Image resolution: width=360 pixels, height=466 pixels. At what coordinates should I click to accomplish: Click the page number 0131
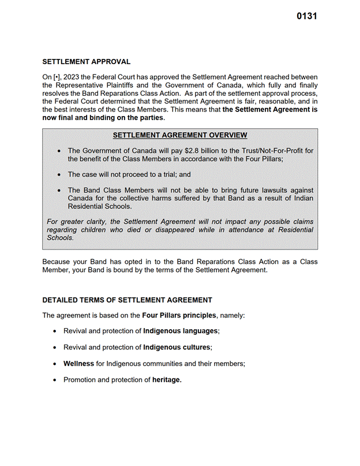(306, 16)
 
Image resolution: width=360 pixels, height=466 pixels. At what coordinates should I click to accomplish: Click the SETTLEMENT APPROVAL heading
(87, 62)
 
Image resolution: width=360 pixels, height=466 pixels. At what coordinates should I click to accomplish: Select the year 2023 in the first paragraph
(73, 77)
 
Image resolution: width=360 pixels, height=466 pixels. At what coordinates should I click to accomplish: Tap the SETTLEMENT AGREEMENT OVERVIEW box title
(180, 135)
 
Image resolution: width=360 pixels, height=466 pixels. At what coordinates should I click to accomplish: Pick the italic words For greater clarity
(77, 222)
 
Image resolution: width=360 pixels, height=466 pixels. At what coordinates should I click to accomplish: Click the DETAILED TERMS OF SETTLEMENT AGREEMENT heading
(127, 300)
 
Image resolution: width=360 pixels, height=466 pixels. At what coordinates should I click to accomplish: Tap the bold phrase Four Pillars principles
(179, 316)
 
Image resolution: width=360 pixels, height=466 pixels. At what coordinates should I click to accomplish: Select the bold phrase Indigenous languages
(181, 331)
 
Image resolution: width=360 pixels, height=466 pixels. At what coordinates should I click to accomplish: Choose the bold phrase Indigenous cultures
(177, 348)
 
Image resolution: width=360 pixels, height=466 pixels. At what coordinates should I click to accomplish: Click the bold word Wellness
(78, 364)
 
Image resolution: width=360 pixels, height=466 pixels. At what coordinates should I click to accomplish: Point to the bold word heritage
(167, 380)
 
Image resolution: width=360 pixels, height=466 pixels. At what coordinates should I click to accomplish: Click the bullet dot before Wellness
(54, 364)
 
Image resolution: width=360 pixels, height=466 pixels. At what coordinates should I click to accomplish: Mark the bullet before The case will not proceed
(59, 174)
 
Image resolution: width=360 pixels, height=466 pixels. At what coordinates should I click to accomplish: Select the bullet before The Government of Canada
(59, 151)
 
